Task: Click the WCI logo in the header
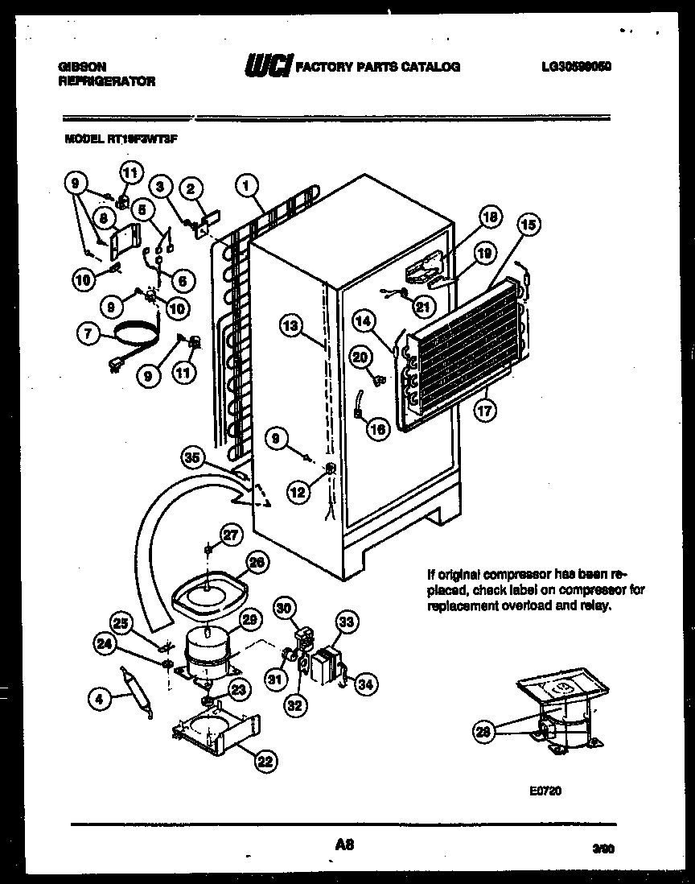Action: pyautogui.click(x=269, y=66)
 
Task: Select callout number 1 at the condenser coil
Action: pyautogui.click(x=247, y=187)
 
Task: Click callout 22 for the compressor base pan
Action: pyautogui.click(x=264, y=758)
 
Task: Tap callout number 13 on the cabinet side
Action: pyautogui.click(x=292, y=326)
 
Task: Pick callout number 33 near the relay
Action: pyautogui.click(x=346, y=622)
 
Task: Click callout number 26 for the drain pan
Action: pyautogui.click(x=256, y=564)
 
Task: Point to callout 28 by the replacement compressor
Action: pyautogui.click(x=483, y=731)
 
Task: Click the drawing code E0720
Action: pyautogui.click(x=545, y=791)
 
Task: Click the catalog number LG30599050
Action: pyautogui.click(x=576, y=68)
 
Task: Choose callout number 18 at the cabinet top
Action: pyautogui.click(x=490, y=216)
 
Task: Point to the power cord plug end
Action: pyautogui.click(x=128, y=370)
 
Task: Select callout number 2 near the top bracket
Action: pyautogui.click(x=191, y=189)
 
